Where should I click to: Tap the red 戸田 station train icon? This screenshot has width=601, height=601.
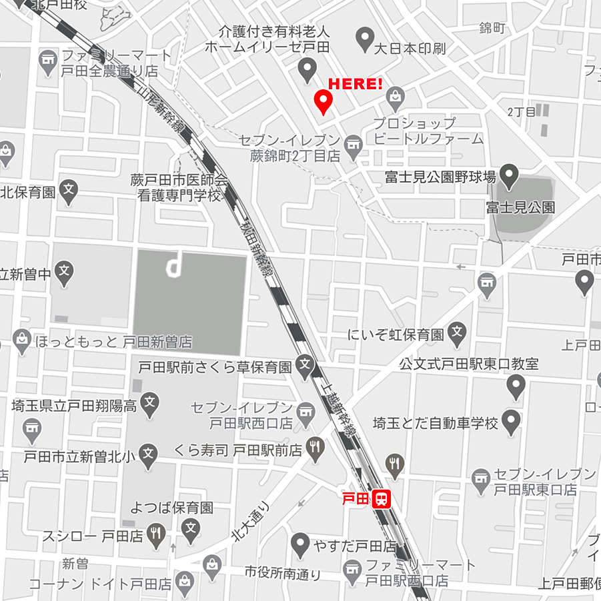(381, 499)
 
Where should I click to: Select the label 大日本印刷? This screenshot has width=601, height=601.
(410, 48)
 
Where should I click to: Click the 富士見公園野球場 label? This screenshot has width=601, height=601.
(440, 177)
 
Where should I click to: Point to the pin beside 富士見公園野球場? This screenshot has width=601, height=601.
(510, 176)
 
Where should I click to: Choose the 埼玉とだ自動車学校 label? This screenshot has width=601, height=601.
(436, 423)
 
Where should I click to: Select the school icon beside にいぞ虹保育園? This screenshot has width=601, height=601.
(457, 332)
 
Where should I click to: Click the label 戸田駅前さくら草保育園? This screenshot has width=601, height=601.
(215, 366)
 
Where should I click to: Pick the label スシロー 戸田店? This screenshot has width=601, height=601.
(93, 535)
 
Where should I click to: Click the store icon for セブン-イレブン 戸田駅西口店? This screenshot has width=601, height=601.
(306, 414)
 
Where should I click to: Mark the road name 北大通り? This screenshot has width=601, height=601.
(250, 521)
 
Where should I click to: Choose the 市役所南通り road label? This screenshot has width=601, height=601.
(282, 573)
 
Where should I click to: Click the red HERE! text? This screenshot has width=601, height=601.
(356, 85)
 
